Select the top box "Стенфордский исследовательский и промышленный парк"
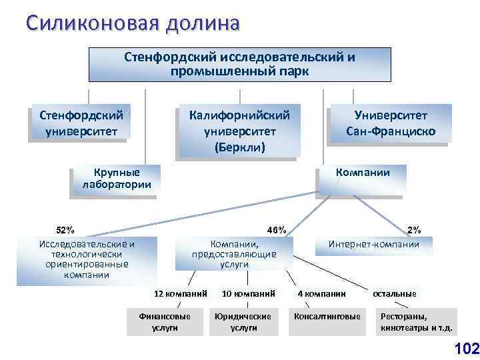coord(239,64)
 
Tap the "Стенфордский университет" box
coord(81,123)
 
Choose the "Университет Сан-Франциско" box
coord(391,124)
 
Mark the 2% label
coord(413,229)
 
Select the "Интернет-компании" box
coord(373,245)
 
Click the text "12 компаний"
coord(180,293)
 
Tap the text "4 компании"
coord(321,293)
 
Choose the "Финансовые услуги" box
coord(163,321)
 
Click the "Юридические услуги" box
coord(243,321)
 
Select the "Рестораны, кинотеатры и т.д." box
coord(416,321)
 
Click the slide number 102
coord(465,348)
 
